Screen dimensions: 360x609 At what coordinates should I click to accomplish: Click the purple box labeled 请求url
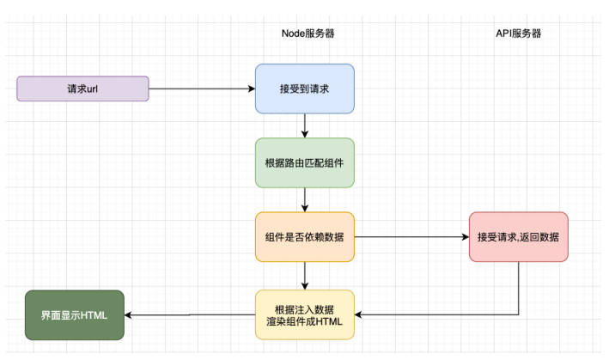pyautogui.click(x=82, y=88)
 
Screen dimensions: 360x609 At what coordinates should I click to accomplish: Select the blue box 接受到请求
pyautogui.click(x=304, y=88)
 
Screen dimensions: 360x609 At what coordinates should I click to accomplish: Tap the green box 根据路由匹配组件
pyautogui.click(x=304, y=162)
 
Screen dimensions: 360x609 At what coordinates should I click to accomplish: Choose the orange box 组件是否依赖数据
pyautogui.click(x=304, y=236)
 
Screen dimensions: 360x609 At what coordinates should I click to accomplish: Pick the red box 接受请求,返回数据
pyautogui.click(x=518, y=236)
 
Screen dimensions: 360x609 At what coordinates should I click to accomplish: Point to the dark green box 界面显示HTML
pyautogui.click(x=74, y=314)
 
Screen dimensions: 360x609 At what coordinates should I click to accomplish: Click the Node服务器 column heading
pyautogui.click(x=304, y=34)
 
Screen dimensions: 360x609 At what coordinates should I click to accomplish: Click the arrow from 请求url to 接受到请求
pyautogui.click(x=202, y=88)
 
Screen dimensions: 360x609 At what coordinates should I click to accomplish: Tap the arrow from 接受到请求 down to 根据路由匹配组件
pyautogui.click(x=304, y=125)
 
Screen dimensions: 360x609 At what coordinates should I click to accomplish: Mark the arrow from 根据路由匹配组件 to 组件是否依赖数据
pyautogui.click(x=304, y=199)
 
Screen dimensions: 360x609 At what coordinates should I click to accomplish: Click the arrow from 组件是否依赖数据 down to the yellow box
pyautogui.click(x=304, y=275)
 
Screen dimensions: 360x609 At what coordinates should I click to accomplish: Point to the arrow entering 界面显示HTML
pyautogui.click(x=189, y=314)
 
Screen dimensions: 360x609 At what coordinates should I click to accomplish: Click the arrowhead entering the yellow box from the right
pyautogui.click(x=360, y=314)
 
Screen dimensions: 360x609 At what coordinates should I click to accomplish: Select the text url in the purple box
pyautogui.click(x=94, y=88)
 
